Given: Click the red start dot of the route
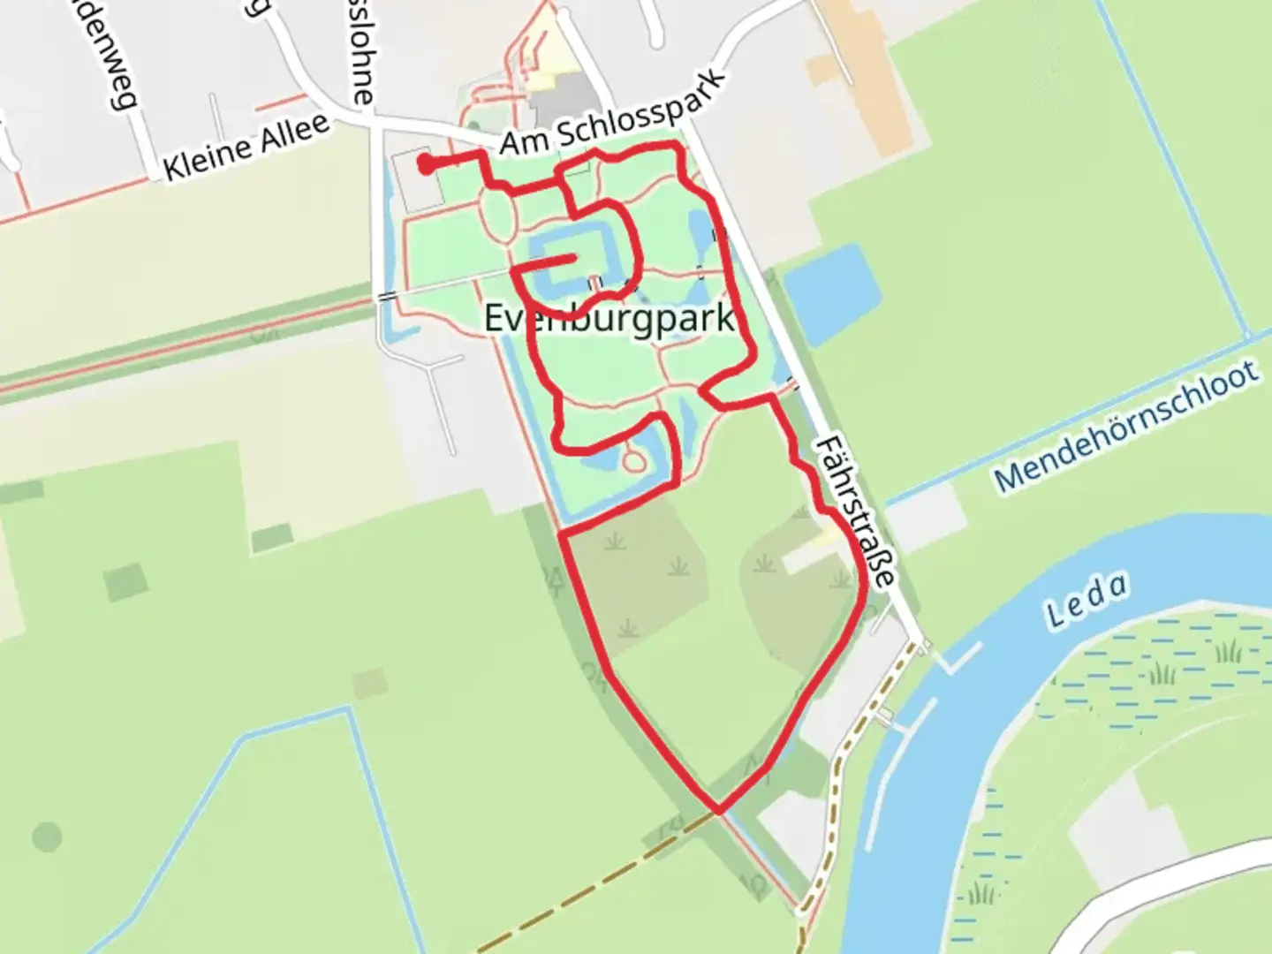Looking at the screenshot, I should click(x=425, y=164).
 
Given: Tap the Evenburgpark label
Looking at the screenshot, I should click(x=609, y=318).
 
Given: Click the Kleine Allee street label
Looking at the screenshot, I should click(x=246, y=147).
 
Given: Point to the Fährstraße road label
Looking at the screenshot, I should click(x=854, y=511).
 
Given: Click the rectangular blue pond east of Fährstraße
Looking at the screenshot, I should click(x=831, y=292).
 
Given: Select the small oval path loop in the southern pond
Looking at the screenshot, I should click(x=633, y=460).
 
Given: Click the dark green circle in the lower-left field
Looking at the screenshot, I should click(x=47, y=836).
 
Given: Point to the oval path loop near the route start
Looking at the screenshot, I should click(x=498, y=212).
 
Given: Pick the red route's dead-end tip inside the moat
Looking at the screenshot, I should click(x=574, y=258).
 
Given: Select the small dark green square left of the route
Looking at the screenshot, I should click(x=126, y=581).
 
